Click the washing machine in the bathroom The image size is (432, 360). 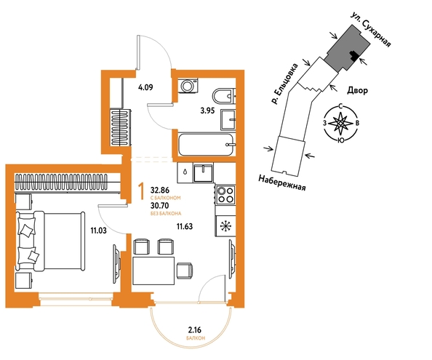point(188,86)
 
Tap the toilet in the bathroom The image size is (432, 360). point(224,96)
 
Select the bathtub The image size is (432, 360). point(207,145)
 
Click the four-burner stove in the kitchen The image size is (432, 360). point(225,194)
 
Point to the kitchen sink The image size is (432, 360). point(203,172)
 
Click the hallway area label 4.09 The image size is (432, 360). point(145,87)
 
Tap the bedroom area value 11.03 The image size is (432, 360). point(99,231)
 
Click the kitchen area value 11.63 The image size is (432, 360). point(185,226)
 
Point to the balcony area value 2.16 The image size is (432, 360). point(194,329)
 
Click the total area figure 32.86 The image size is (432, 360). point(160,190)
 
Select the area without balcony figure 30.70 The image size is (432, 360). point(160,206)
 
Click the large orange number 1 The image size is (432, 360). point(142,192)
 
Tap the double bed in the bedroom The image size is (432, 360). point(51,241)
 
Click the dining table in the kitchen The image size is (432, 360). point(153,271)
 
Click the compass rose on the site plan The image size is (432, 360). point(341,124)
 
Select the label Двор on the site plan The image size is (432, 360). point(357,90)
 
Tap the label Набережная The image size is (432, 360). point(282,183)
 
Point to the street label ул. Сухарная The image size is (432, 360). point(371,30)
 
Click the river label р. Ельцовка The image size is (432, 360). point(284,84)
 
